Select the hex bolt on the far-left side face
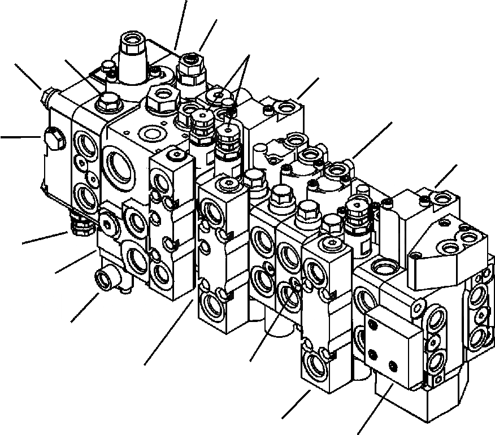pos(54,138)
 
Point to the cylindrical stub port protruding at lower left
pos(105,279)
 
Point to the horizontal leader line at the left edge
pos(20,136)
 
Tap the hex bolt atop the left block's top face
pos(107,103)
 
